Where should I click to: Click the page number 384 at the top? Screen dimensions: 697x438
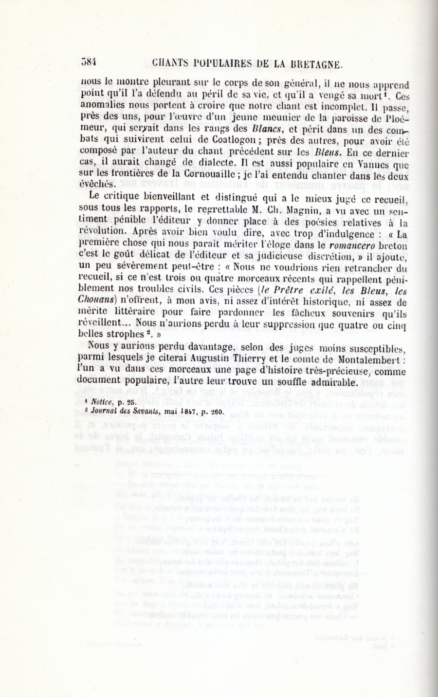point(91,63)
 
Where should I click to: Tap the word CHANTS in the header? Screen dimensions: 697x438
point(170,63)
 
